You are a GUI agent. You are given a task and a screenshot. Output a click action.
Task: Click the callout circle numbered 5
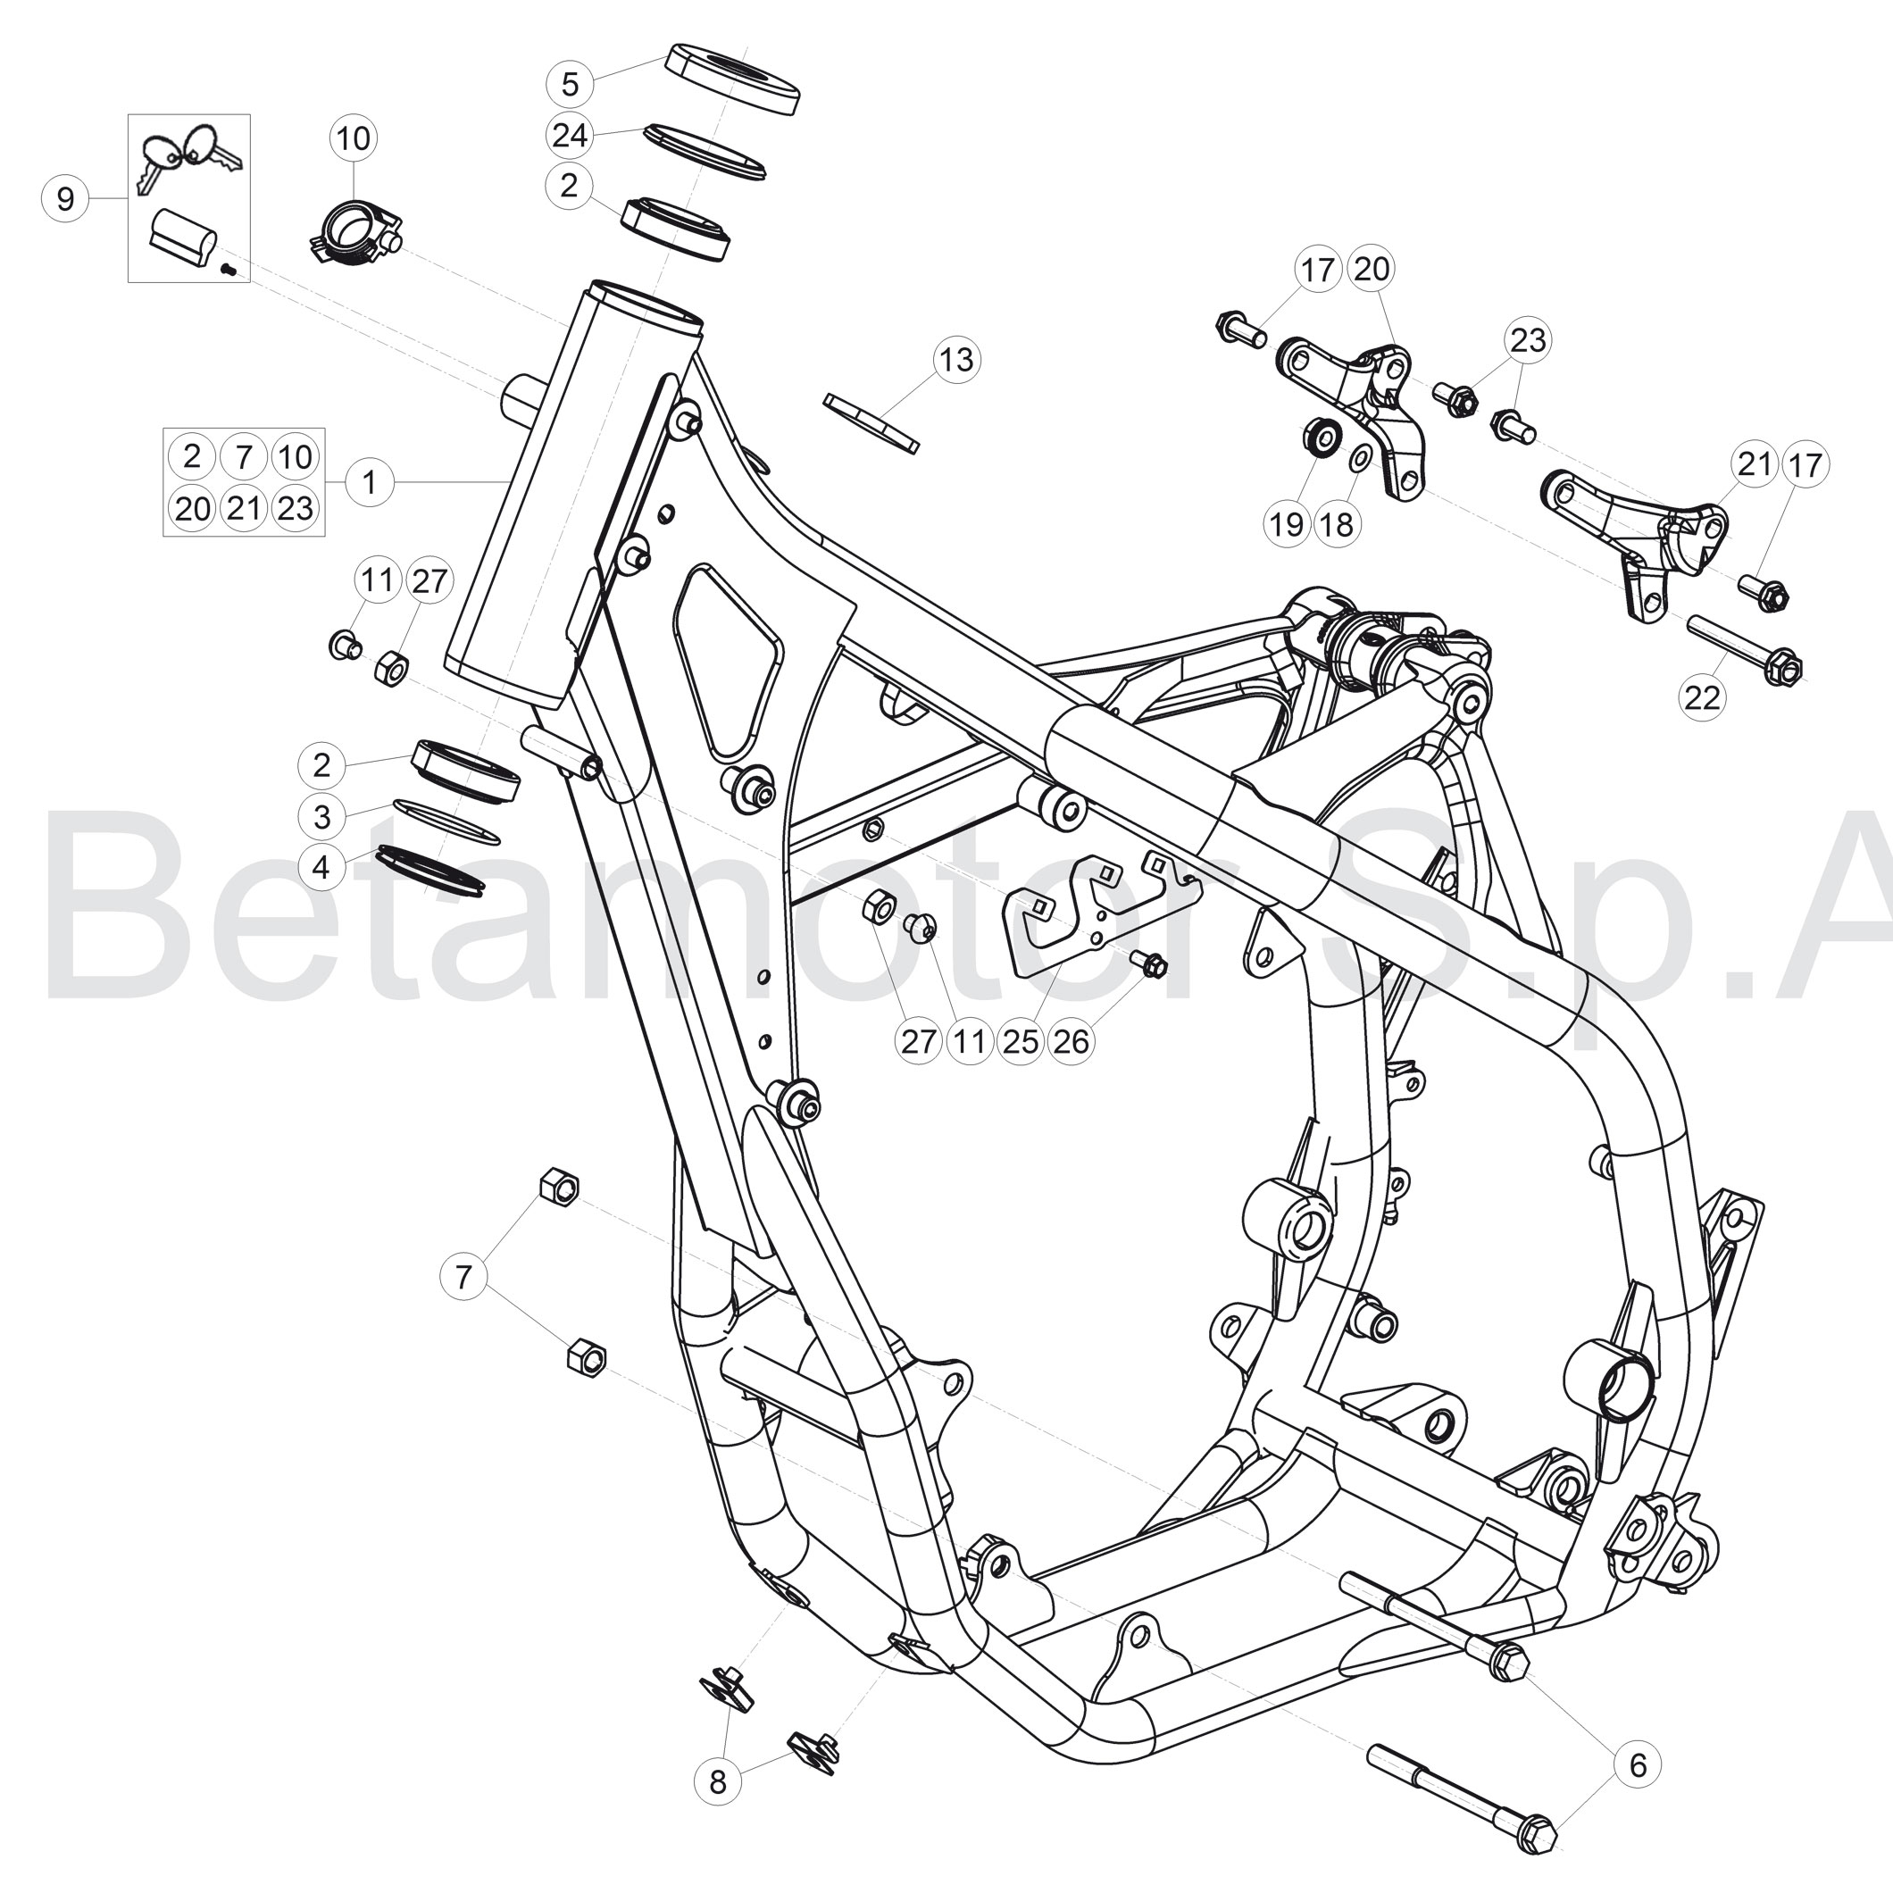(571, 84)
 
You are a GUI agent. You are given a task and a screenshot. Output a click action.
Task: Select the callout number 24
(571, 135)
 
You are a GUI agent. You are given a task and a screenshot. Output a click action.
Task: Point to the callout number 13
(956, 360)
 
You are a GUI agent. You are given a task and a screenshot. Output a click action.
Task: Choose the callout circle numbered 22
(1702, 697)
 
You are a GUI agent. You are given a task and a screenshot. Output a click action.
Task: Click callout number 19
(1287, 524)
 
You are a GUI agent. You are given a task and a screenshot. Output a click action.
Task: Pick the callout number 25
(1020, 1040)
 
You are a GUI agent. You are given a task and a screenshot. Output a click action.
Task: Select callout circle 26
(1070, 1040)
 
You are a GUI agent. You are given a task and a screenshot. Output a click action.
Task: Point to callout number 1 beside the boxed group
(370, 482)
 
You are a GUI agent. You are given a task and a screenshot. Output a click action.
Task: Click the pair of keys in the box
(191, 158)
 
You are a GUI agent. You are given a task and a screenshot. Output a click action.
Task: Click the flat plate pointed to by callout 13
(872, 422)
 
